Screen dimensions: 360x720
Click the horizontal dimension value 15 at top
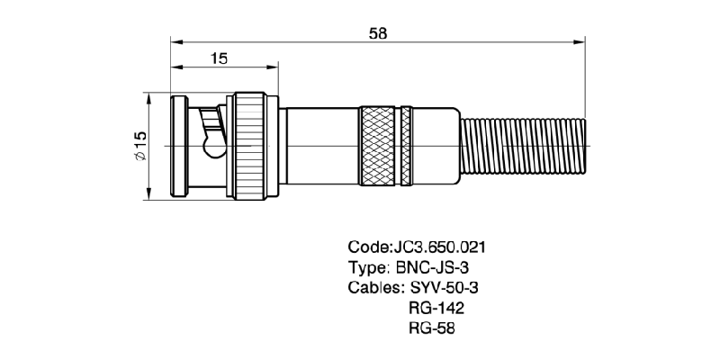coord(219,58)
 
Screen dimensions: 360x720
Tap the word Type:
coord(368,267)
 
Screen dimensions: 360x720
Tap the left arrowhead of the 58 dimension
coord(176,41)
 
